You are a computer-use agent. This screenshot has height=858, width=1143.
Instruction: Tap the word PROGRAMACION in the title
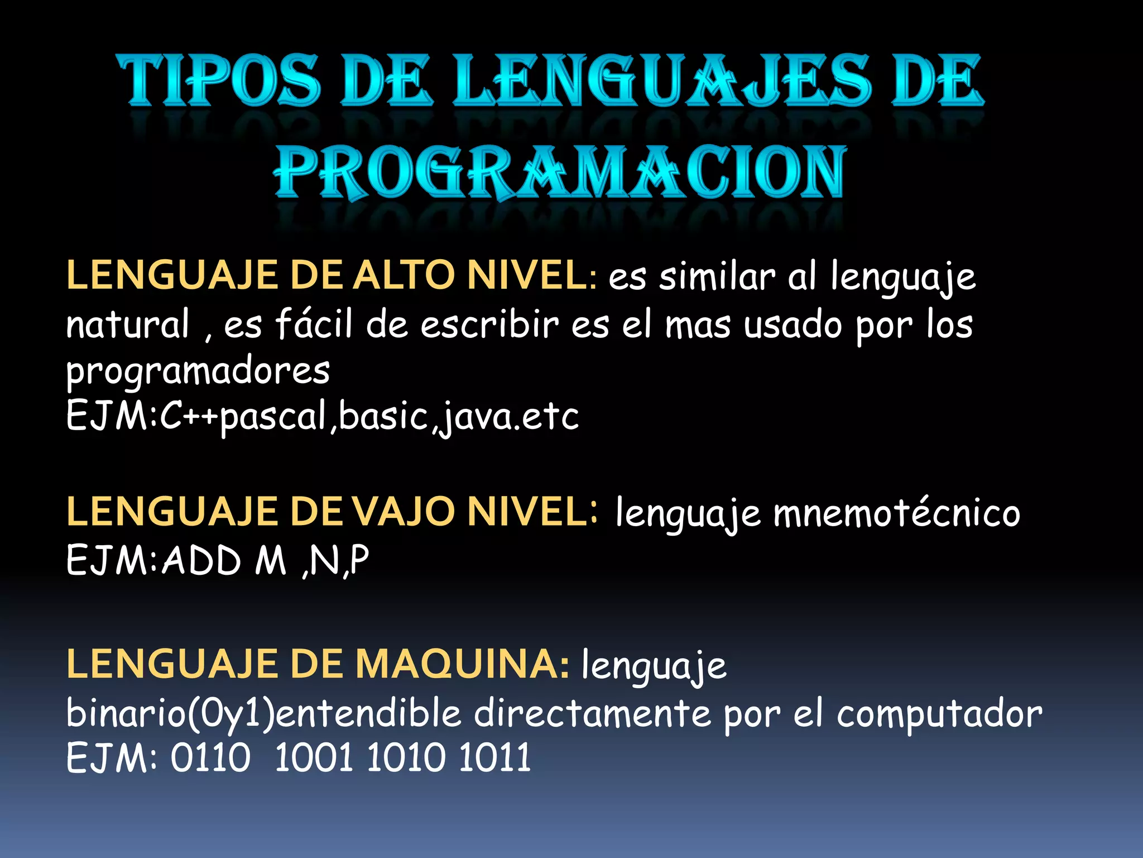(x=560, y=171)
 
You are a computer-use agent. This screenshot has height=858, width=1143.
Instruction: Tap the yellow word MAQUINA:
(x=462, y=664)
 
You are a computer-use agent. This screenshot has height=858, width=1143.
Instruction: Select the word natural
(x=128, y=325)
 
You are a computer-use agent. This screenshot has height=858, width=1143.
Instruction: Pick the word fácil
(x=314, y=324)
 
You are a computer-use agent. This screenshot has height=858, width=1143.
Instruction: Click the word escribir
(x=489, y=324)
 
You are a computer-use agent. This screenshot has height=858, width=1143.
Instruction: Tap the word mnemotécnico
(x=896, y=513)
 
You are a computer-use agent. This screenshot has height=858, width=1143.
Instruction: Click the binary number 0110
(x=210, y=759)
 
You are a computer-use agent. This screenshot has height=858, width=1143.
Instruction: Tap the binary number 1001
(x=314, y=759)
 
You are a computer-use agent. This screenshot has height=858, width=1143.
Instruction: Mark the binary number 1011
(x=494, y=759)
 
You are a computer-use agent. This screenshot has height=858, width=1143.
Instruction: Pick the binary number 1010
(x=406, y=759)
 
